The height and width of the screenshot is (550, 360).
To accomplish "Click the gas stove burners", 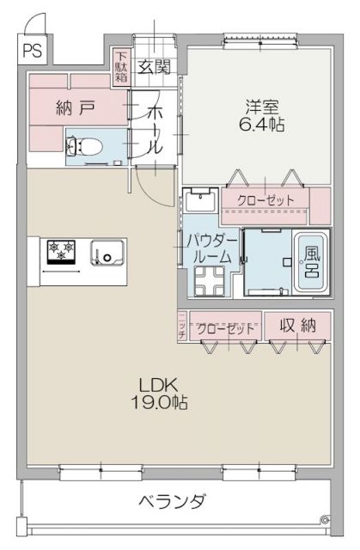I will click(62, 250).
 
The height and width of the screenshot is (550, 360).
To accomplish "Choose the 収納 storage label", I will click(297, 327).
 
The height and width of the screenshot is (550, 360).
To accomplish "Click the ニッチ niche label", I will click(183, 327).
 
